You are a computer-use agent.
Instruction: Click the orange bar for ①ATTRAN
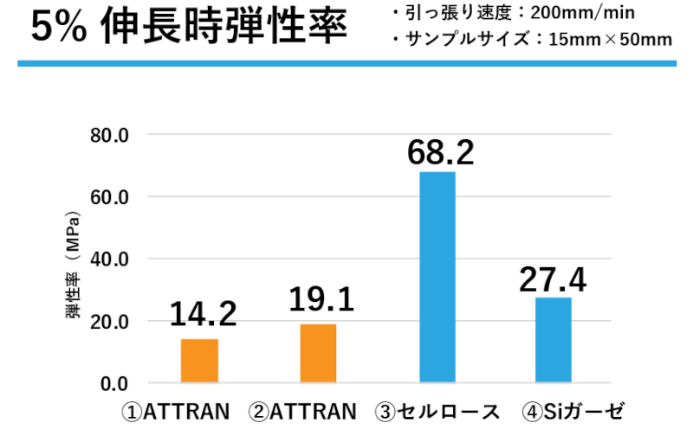pos(199,361)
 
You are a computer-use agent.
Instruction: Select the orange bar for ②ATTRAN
pos(318,353)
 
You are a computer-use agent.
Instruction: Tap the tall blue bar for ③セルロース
pos(437,277)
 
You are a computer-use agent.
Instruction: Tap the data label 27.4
pos(553,279)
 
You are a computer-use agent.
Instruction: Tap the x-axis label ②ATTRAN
pos(302,412)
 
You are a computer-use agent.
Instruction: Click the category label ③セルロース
pos(437,412)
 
